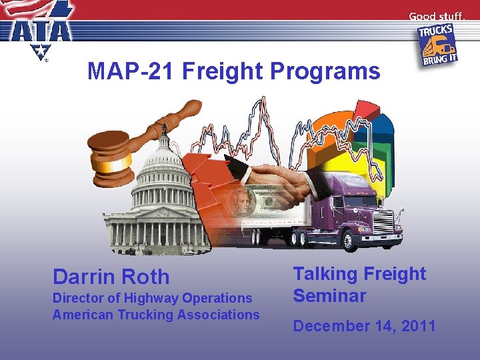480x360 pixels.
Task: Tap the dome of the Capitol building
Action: (160, 160)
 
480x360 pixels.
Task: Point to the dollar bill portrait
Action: (240, 200)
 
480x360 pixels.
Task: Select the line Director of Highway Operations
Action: (153, 299)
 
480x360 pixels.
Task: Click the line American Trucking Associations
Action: (156, 315)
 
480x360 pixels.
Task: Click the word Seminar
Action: (330, 295)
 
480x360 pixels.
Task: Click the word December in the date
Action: (332, 326)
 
